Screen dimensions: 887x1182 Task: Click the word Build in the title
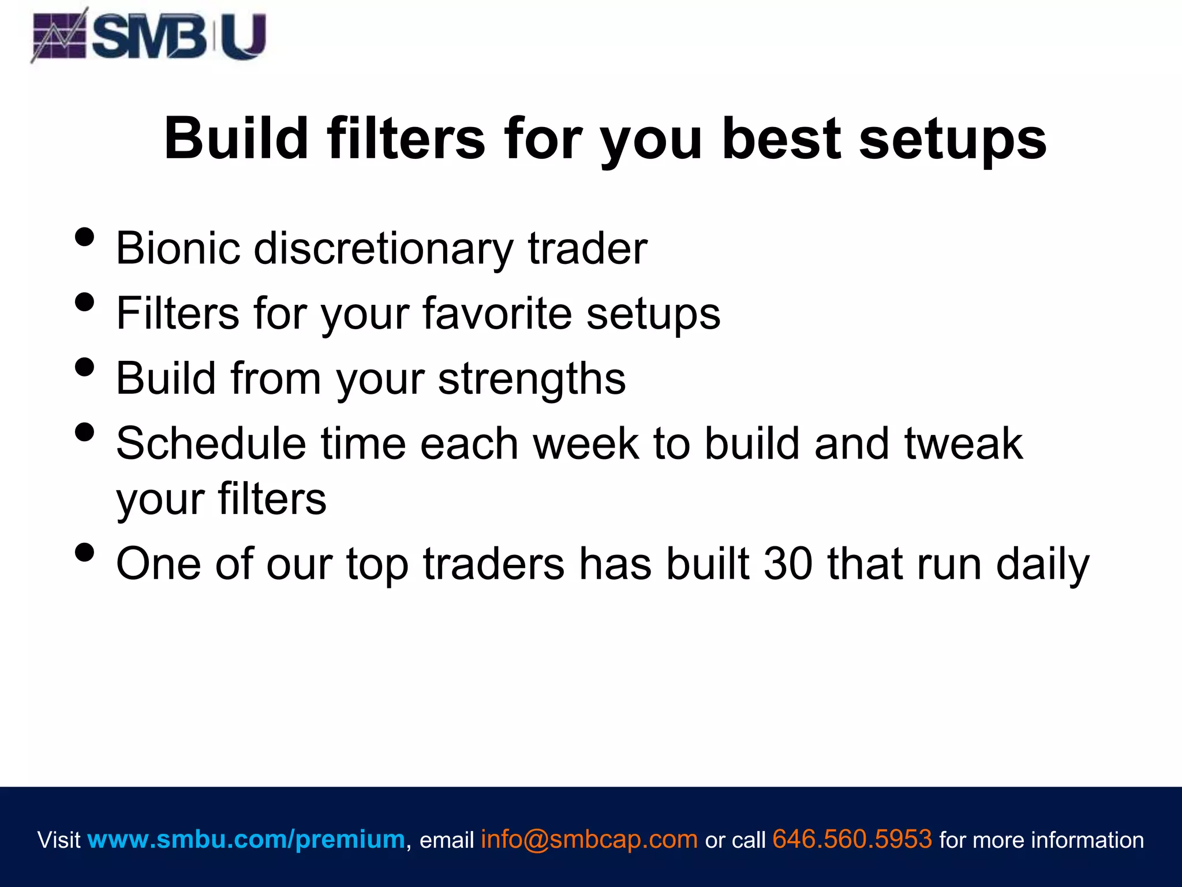[x=236, y=139]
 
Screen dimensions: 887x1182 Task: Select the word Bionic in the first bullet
[x=178, y=248]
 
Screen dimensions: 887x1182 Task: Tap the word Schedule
[x=211, y=443]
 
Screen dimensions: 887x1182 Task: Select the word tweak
[x=963, y=443]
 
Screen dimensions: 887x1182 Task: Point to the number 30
[x=788, y=564]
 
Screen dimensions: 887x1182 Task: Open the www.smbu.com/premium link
[x=246, y=839]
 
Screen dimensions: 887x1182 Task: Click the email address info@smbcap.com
[x=589, y=839]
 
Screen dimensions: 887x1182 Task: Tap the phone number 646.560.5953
[x=852, y=839]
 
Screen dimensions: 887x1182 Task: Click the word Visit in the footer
[x=58, y=840]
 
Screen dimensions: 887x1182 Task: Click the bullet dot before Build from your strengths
[x=85, y=367]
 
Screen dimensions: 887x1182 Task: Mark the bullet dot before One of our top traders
[x=85, y=552]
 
